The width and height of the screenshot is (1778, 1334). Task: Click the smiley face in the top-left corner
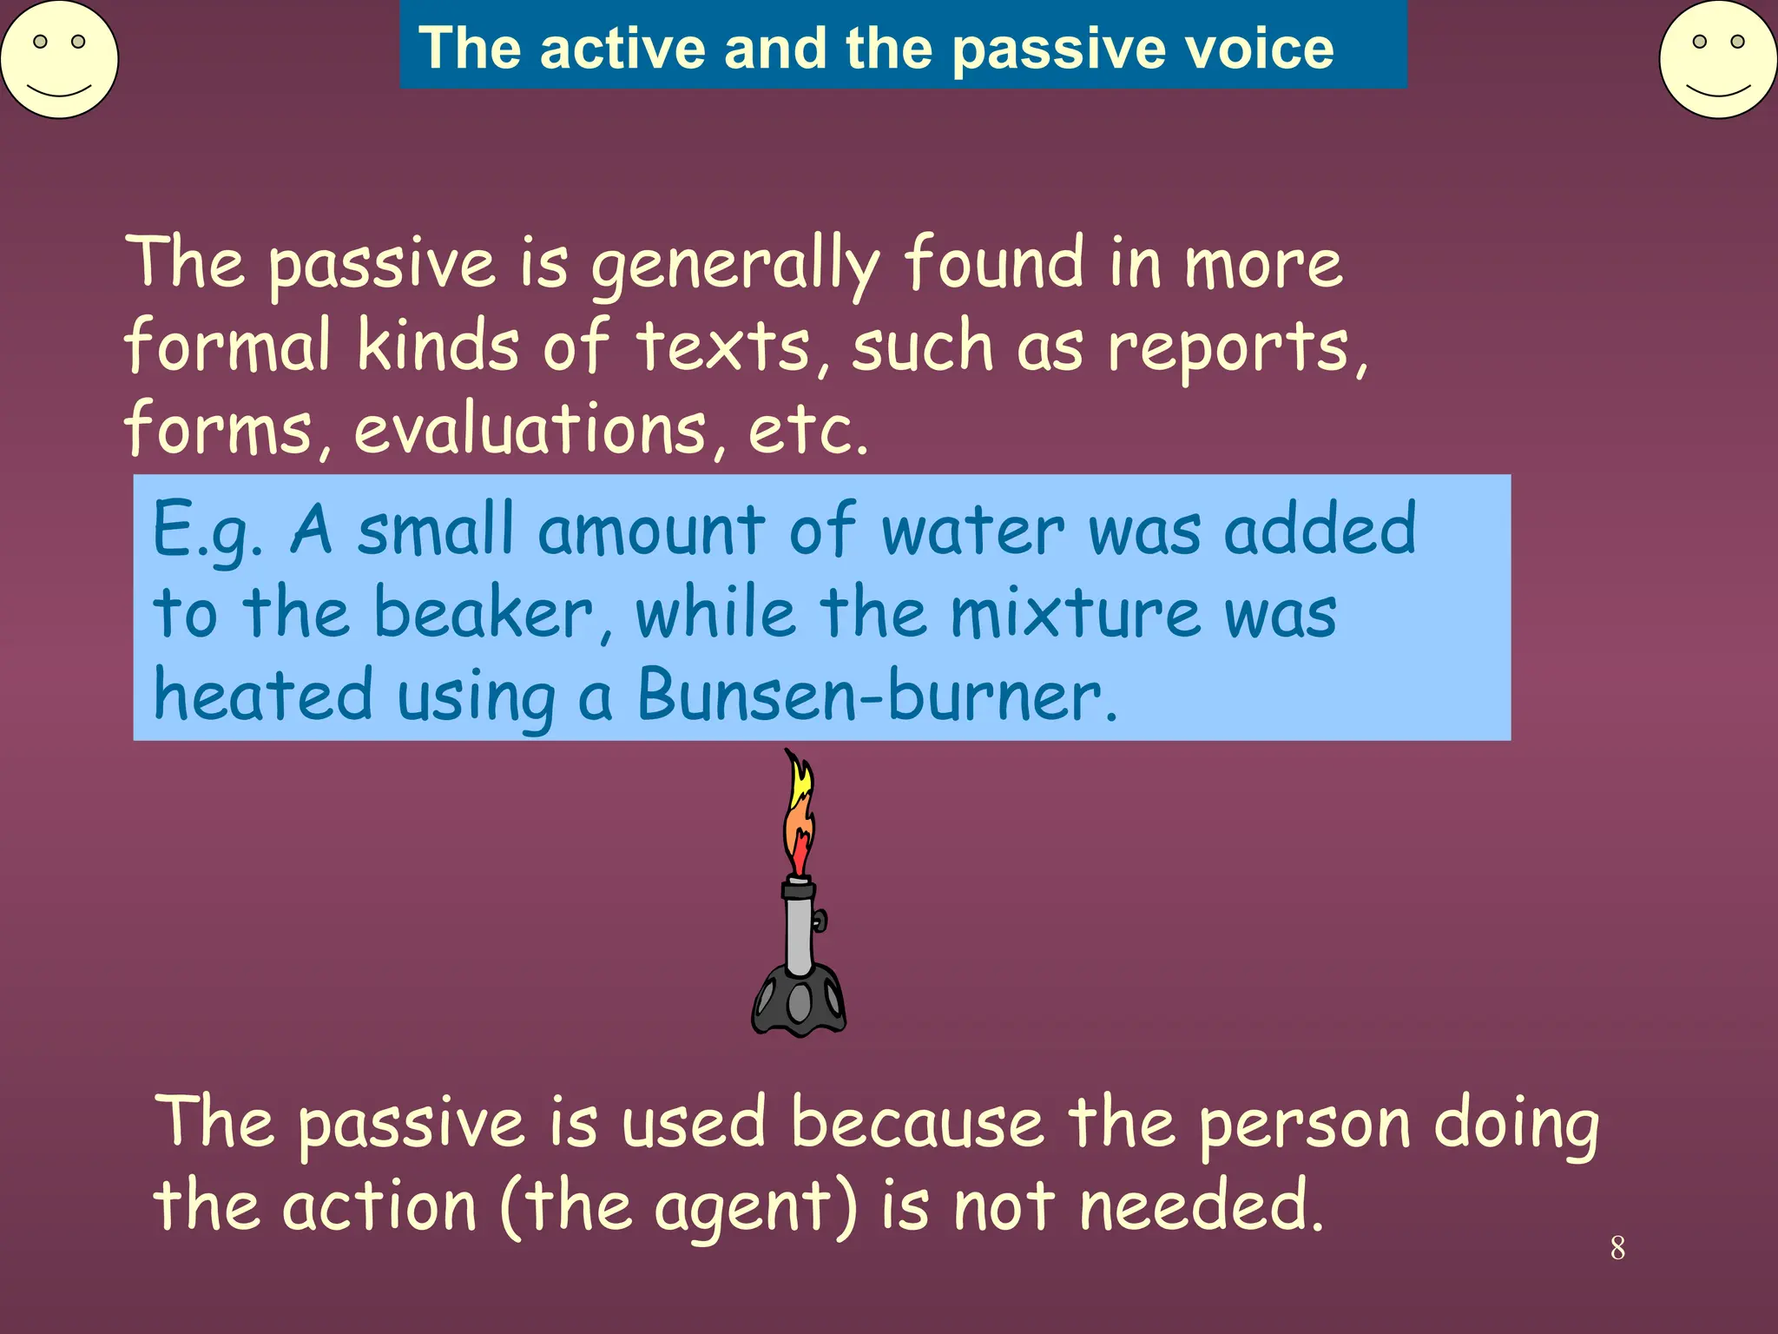pyautogui.click(x=59, y=59)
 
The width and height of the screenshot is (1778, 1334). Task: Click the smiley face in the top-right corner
pyautogui.click(x=1718, y=59)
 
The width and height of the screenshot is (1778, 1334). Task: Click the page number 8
pyautogui.click(x=1617, y=1248)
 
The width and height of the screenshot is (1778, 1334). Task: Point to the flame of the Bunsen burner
pyautogui.click(x=799, y=816)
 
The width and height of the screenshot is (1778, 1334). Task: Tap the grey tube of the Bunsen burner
pyautogui.click(x=799, y=929)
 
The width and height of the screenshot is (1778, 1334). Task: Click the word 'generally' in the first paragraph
pyautogui.click(x=734, y=265)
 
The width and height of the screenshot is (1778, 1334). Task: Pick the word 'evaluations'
pyautogui.click(x=530, y=430)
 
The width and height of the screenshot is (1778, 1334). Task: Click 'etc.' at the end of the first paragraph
pyautogui.click(x=807, y=430)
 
